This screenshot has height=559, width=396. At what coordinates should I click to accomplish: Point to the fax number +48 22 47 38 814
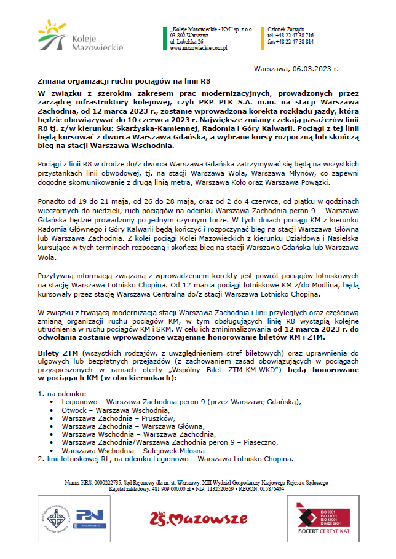coord(290,41)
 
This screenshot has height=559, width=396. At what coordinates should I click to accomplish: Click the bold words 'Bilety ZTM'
coord(57,353)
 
